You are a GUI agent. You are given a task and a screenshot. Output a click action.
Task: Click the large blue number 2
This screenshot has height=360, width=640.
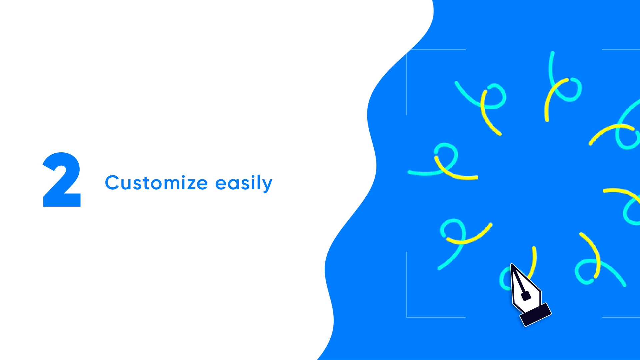62,180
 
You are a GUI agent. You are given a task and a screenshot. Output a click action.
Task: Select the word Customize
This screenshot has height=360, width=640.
157,183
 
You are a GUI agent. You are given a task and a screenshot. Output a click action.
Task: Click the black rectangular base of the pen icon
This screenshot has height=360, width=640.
536,314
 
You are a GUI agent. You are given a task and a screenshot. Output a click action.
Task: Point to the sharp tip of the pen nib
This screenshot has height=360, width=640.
511,264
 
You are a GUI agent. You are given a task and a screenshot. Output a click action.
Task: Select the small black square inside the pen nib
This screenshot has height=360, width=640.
526,296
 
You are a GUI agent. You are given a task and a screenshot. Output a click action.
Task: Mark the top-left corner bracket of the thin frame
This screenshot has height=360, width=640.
407,50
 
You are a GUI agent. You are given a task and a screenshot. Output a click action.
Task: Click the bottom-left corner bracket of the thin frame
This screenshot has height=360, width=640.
407,317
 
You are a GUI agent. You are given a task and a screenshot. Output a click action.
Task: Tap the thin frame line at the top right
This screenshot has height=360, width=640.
621,49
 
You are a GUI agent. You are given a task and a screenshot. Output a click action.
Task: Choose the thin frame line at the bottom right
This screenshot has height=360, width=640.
621,317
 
